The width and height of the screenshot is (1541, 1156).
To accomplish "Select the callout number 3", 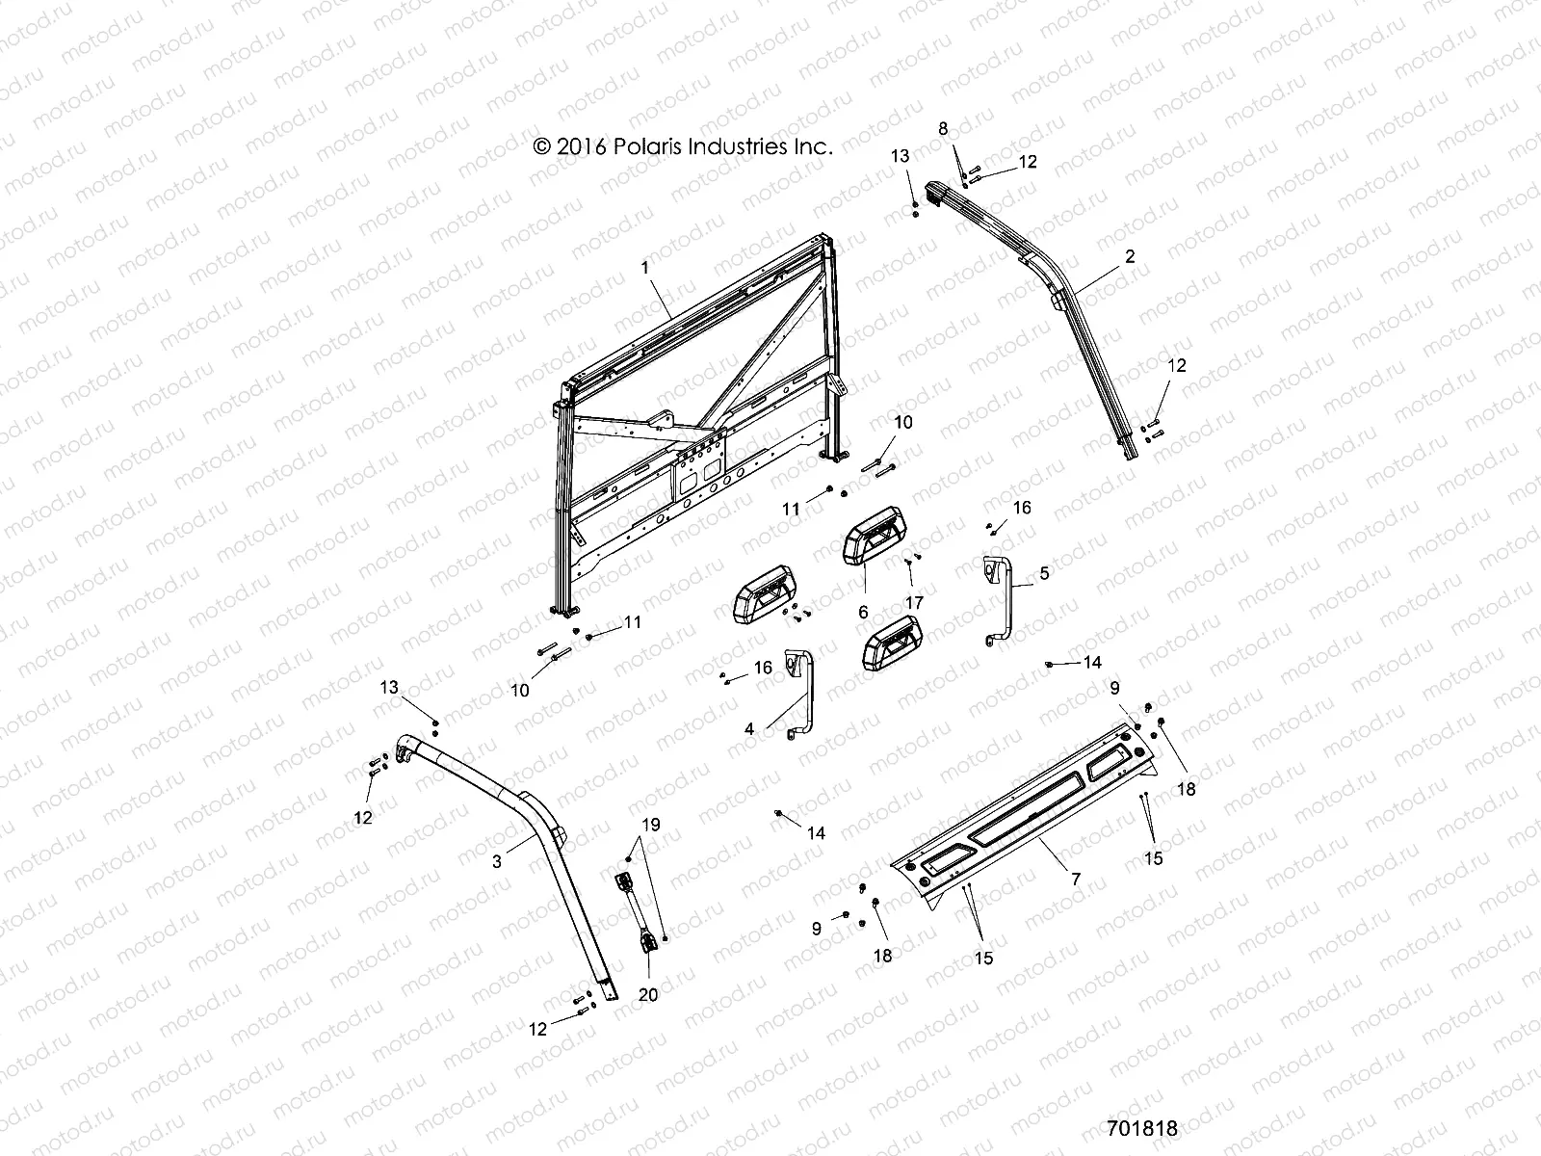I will point(497,862).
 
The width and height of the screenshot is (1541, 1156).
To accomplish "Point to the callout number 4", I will point(749,729).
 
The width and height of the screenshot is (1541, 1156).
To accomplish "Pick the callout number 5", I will point(1045,572).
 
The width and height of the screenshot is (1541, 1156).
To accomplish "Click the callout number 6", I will point(863,612).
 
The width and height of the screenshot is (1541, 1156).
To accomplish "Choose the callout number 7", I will point(1076,879).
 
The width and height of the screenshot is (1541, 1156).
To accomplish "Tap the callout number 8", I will point(943,128).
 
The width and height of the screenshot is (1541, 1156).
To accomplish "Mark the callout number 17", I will point(914,602).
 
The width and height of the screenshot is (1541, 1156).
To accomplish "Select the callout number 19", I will point(651,824).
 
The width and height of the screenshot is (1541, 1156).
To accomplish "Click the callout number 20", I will point(648,994).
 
